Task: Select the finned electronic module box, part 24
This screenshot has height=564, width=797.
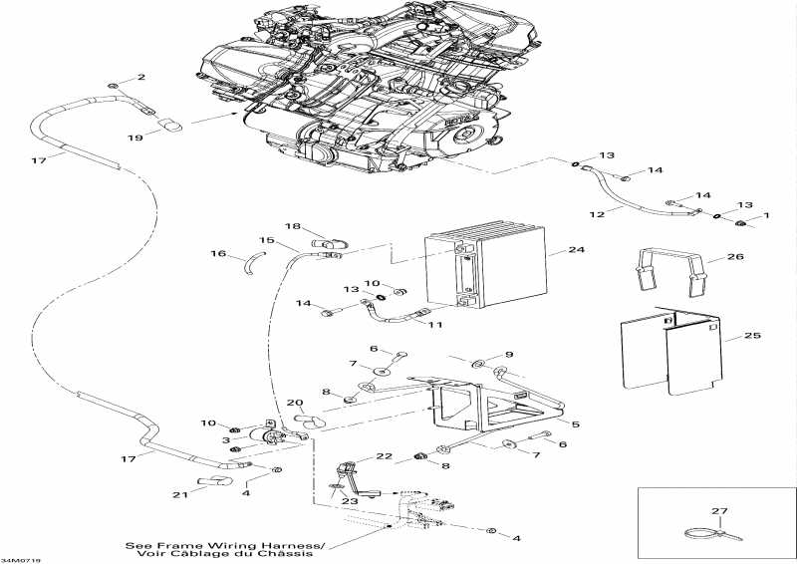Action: click(486, 269)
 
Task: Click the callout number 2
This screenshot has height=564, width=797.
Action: click(140, 77)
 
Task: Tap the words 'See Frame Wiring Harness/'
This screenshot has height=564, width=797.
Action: click(225, 546)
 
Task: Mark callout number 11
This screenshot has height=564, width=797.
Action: click(434, 326)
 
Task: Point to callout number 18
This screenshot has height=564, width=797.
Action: click(293, 226)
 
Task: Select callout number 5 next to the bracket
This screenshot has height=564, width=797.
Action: click(575, 423)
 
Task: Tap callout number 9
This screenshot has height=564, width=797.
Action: click(508, 355)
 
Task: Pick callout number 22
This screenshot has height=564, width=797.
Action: click(382, 455)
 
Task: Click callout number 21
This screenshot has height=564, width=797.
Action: click(180, 495)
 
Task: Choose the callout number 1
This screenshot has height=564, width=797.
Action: click(767, 216)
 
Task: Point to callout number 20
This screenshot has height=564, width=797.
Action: click(295, 403)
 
